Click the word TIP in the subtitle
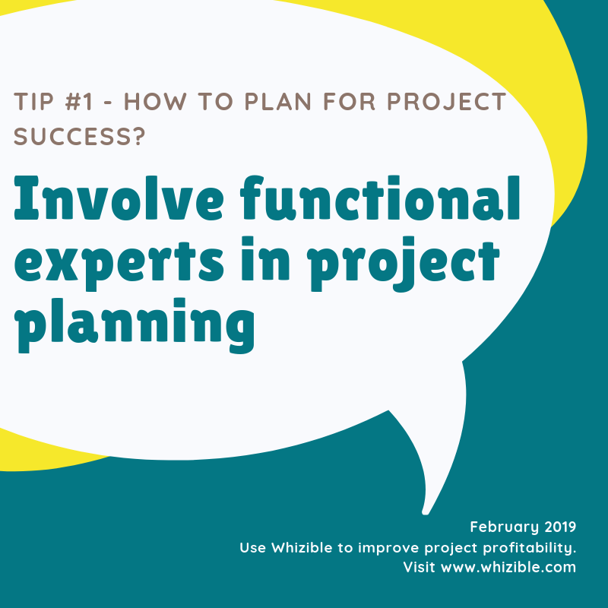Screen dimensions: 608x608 [x=33, y=102]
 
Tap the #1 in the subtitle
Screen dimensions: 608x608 [x=80, y=102]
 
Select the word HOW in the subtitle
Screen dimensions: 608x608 [x=155, y=102]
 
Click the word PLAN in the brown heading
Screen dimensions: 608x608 [x=278, y=102]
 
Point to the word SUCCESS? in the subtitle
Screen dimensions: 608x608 [x=80, y=137]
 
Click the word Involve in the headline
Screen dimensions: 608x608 [x=119, y=198]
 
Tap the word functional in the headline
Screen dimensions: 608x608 [x=380, y=198]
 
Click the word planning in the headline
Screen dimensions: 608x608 [x=135, y=325]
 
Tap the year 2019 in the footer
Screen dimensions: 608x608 [x=560, y=527]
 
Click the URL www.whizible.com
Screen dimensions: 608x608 [x=508, y=567]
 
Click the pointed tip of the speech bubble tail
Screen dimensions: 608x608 [x=426, y=514]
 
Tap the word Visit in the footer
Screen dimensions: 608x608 [x=420, y=567]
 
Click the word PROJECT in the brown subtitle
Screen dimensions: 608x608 [x=447, y=102]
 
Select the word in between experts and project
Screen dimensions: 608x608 [x=265, y=258]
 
